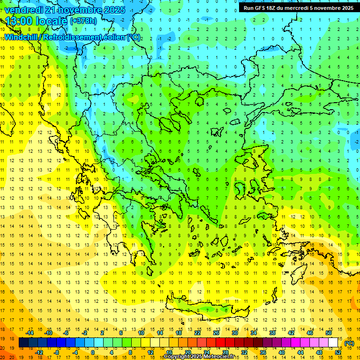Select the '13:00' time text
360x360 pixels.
[18, 21]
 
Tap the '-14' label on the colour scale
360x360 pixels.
[30, 332]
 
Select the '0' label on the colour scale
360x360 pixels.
[92, 352]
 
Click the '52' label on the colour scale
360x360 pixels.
[338, 352]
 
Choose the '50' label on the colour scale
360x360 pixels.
[329, 332]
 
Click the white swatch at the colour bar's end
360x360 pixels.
[333, 343]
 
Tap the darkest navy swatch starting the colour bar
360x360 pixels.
[23, 343]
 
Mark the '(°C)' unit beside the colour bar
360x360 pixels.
[349, 343]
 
